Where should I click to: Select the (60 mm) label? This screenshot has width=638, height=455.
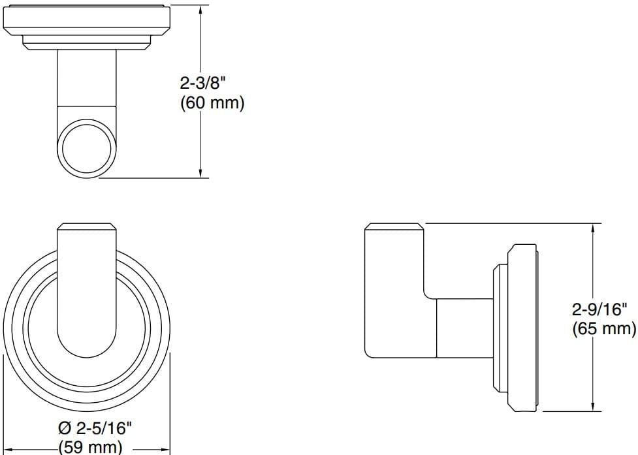pyautogui.click(x=211, y=103)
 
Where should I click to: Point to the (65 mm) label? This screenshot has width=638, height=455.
pyautogui.click(x=603, y=328)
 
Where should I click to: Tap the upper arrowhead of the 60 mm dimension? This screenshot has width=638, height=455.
pyautogui.click(x=200, y=12)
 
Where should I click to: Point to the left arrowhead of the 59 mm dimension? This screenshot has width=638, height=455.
pyautogui.click(x=12, y=450)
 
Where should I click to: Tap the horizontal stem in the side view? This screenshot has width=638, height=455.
pyautogui.click(x=464, y=329)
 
